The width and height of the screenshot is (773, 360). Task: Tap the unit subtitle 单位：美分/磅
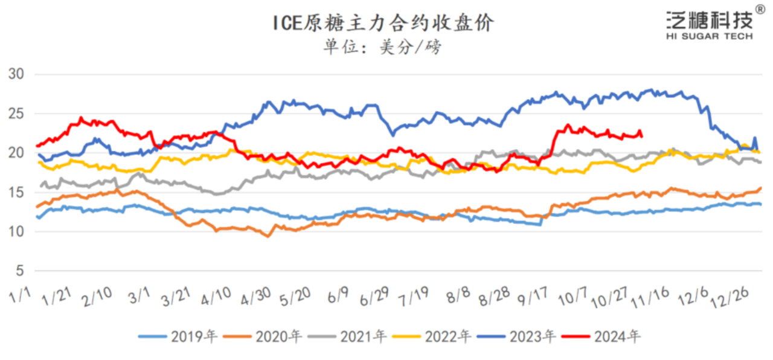382,47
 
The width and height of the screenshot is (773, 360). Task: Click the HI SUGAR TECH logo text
709,36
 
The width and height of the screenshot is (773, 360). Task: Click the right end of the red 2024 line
641,136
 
